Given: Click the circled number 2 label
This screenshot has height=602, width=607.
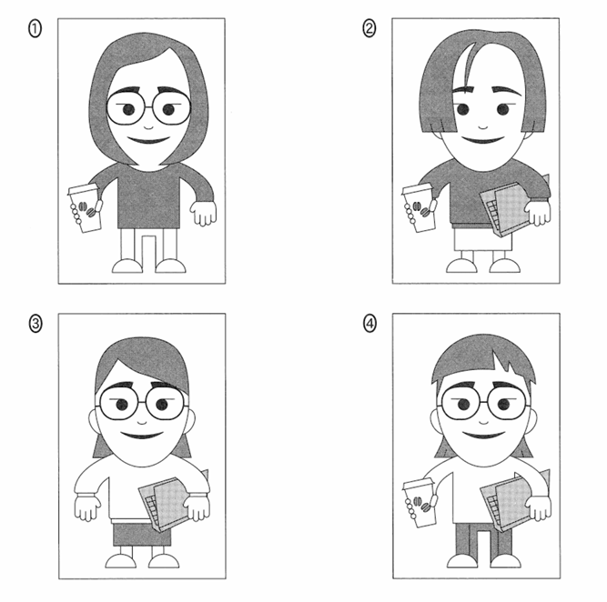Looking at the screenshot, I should (369, 29).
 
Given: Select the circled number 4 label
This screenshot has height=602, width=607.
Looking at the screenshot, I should (369, 324).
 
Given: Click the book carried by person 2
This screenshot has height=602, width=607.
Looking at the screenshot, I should (506, 209).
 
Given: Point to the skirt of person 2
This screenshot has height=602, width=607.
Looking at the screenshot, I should (478, 239).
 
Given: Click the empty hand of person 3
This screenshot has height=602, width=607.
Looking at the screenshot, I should (87, 507).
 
